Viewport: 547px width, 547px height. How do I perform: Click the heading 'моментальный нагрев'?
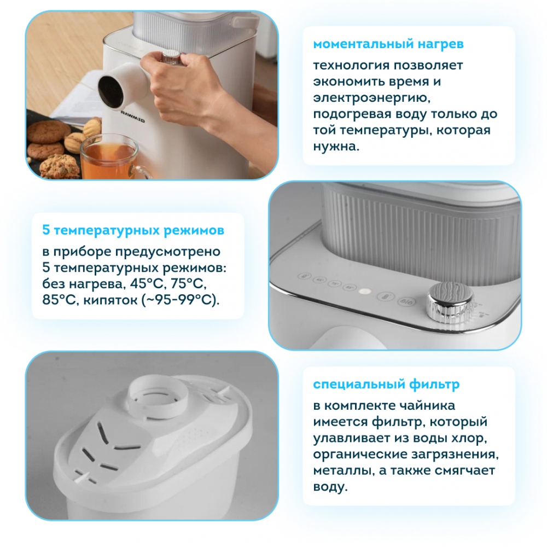tap(388, 44)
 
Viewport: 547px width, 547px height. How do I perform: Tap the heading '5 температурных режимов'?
tap(133, 230)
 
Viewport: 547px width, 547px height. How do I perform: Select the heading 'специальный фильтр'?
tap(386, 385)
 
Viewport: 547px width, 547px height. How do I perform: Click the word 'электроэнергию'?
tap(372, 98)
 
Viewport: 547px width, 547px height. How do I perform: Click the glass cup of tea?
tap(112, 158)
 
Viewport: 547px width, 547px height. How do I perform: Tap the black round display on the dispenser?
tap(110, 91)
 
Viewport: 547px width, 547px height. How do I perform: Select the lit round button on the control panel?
tap(364, 290)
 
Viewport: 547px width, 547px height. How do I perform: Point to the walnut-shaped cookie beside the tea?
tap(77, 141)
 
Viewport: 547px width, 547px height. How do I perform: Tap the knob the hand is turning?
tap(170, 56)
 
